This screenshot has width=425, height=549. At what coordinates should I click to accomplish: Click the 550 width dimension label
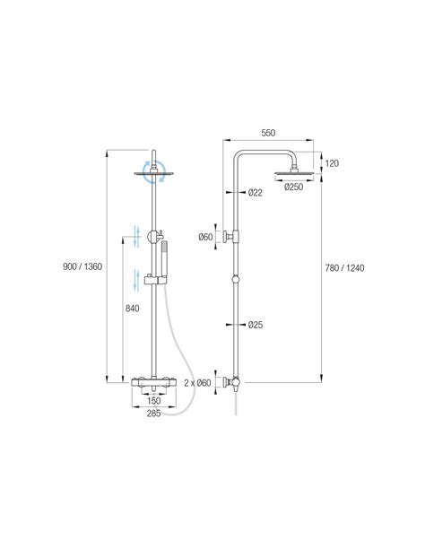[x=268, y=133]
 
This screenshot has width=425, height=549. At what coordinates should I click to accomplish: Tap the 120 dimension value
[x=332, y=163]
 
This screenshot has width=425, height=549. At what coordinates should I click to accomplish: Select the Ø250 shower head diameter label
[x=294, y=187]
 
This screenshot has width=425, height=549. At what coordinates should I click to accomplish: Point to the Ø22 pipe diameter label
[x=256, y=193]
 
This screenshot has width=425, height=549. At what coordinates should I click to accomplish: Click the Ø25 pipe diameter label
[x=256, y=325]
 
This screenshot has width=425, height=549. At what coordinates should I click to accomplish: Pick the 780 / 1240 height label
[x=344, y=268]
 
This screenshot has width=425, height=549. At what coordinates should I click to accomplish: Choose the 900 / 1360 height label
[x=82, y=266]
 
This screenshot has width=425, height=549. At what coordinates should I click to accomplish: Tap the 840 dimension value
[x=132, y=309]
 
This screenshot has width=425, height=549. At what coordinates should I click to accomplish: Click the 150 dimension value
[x=153, y=401]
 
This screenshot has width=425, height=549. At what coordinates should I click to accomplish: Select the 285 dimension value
[x=153, y=414]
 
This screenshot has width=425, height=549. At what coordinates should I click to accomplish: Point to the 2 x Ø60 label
[x=197, y=383]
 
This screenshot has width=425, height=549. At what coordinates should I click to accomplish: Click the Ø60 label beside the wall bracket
[x=205, y=237]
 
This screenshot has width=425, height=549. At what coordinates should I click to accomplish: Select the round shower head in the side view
[x=294, y=172]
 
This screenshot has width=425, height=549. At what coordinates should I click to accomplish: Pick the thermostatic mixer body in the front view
[x=153, y=382]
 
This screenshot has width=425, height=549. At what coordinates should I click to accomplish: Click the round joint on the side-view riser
[x=236, y=279]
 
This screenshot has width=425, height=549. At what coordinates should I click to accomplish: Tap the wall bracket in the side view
[x=230, y=237]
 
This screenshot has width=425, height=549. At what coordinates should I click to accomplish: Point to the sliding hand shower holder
[x=155, y=280]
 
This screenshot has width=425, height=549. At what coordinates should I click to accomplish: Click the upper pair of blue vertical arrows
[x=137, y=237]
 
